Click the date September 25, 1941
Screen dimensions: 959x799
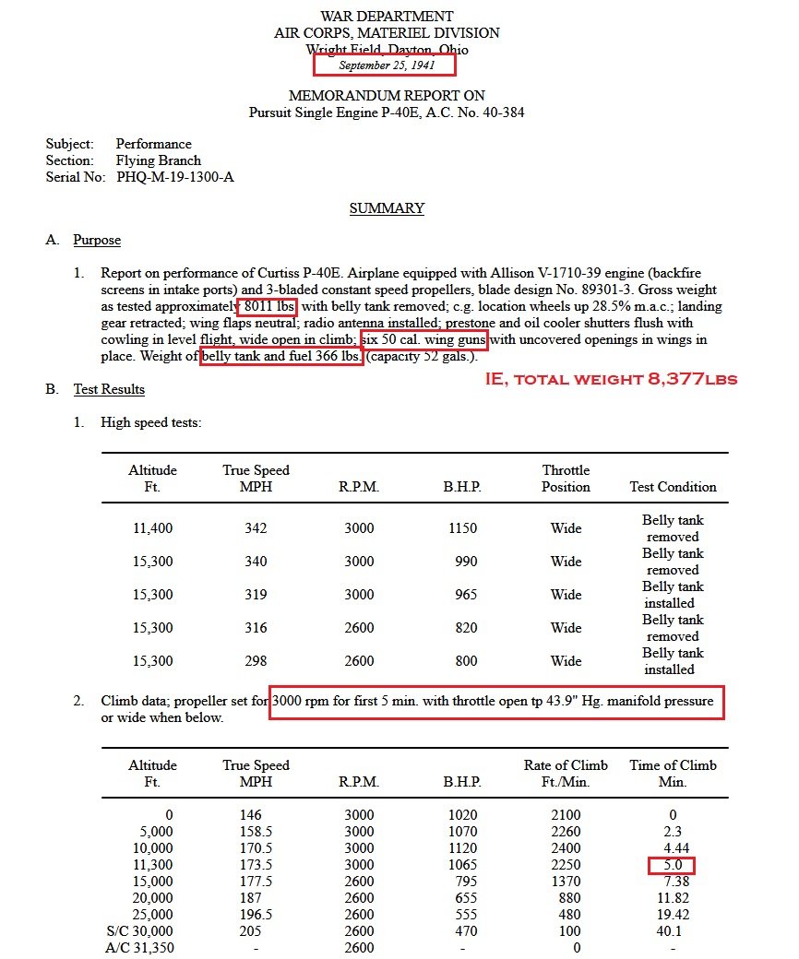click(x=385, y=65)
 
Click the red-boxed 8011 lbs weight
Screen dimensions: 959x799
click(x=269, y=306)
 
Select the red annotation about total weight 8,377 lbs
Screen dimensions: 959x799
click(x=611, y=379)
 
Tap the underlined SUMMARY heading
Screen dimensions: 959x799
click(x=387, y=208)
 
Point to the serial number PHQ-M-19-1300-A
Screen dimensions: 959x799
click(x=175, y=176)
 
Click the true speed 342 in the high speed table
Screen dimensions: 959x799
click(x=256, y=528)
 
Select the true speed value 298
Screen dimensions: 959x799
click(x=256, y=661)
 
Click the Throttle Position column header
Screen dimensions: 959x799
click(x=566, y=478)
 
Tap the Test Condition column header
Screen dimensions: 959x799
click(x=673, y=486)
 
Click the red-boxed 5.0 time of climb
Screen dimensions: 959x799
click(x=671, y=865)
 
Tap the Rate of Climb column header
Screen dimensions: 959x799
click(x=565, y=773)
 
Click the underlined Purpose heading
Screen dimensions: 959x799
click(x=97, y=241)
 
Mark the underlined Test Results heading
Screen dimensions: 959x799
click(x=109, y=389)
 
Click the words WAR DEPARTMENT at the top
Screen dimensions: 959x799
click(x=387, y=16)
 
